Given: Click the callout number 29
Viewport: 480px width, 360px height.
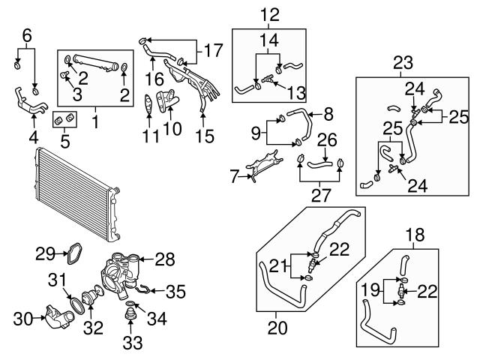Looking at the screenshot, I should tap(44, 253).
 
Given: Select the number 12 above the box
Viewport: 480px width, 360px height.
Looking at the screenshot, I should tap(268, 13).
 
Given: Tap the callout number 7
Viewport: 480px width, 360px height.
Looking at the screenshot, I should tap(235, 177).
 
